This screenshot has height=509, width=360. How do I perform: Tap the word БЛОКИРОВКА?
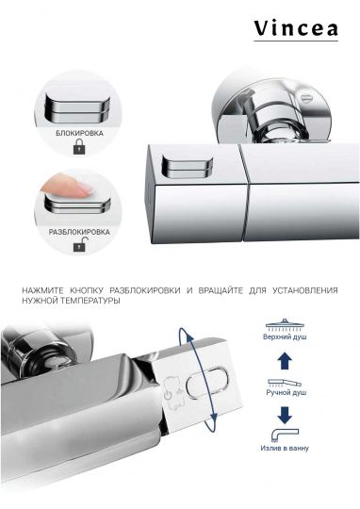coord(76,134)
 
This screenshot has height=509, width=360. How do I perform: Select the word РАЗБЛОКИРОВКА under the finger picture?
coord(78,230)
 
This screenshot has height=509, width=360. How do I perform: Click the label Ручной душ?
coord(285,397)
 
